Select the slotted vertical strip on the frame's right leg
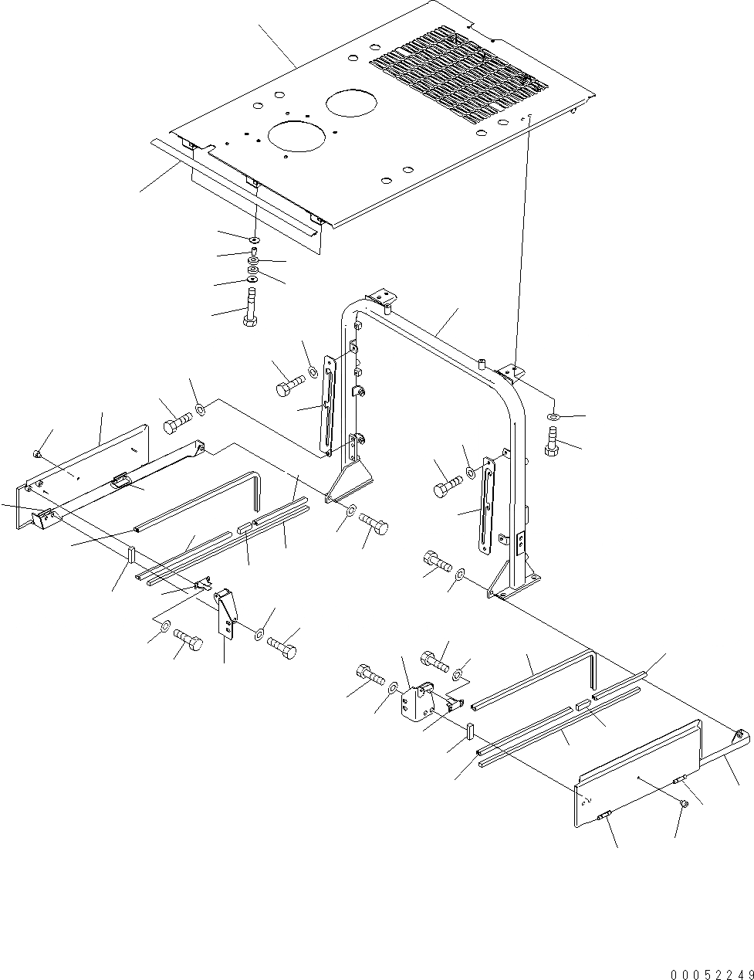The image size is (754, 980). click(x=488, y=506)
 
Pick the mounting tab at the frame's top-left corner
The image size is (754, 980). click(x=380, y=297)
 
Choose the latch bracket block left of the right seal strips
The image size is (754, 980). click(x=414, y=699)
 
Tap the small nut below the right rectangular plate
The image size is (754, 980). click(x=684, y=805)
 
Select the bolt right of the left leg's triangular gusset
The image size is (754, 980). click(x=374, y=526)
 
